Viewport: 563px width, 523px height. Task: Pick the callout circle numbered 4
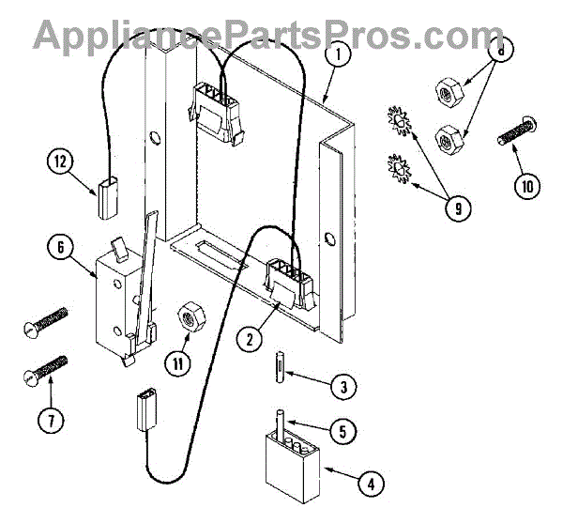373,485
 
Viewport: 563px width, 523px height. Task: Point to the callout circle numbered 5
342,431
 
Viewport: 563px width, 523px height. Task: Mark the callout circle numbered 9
457,208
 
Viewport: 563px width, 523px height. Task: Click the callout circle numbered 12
60,162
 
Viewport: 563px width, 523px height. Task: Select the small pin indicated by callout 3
281,364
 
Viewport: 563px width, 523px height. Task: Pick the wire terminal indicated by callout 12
105,194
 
